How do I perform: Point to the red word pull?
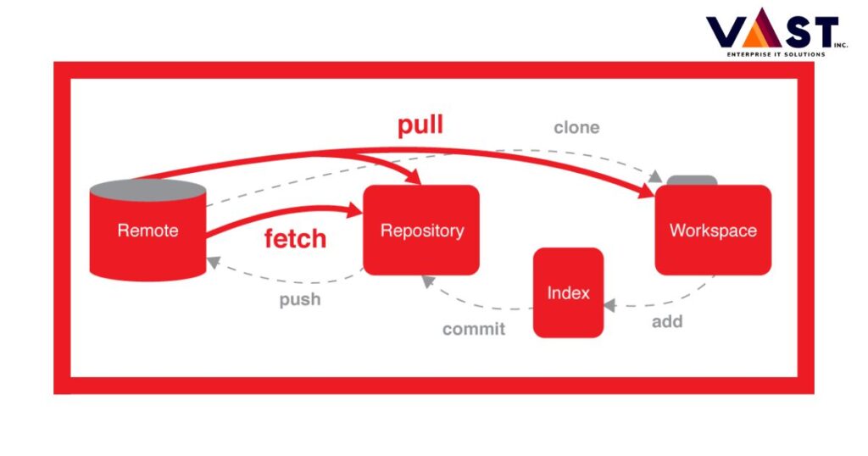point(420,125)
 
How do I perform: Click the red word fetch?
point(295,238)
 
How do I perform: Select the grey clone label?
point(576,128)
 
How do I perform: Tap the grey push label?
point(300,299)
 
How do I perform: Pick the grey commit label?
point(473,329)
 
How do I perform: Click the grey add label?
point(667,322)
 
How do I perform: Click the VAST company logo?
point(771,32)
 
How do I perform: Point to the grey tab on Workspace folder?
point(692,180)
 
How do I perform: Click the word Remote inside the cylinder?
point(147,231)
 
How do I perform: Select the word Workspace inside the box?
point(713,231)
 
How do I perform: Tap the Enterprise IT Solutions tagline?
point(775,54)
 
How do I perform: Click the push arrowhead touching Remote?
point(214,263)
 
